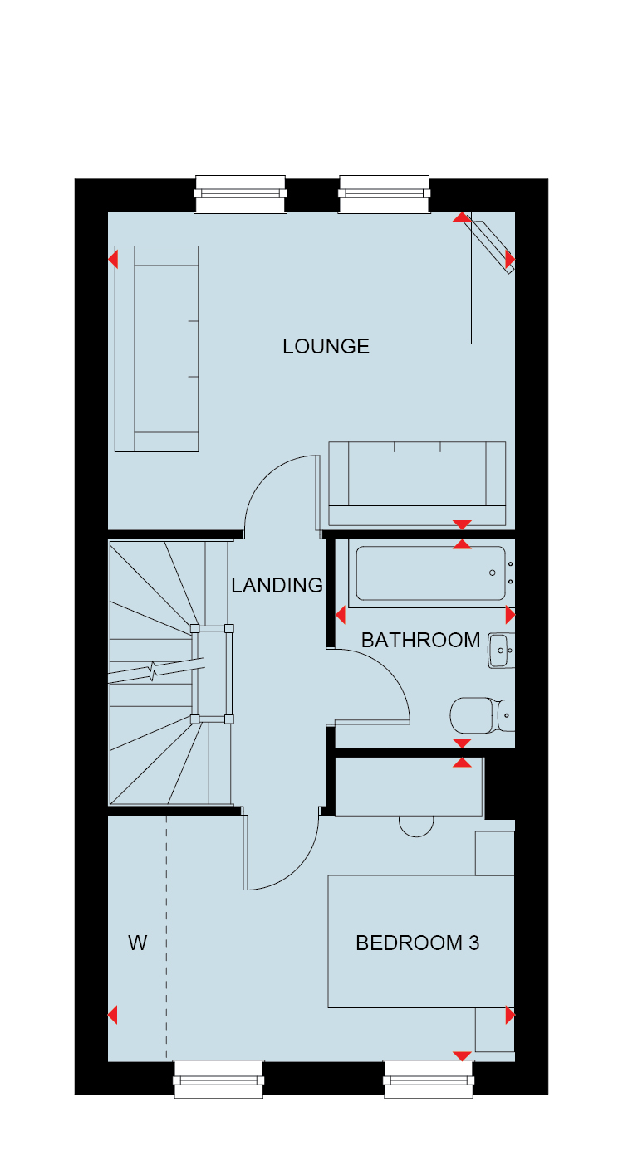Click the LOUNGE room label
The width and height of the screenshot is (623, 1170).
pos(326,346)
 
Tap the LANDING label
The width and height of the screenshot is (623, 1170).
pos(277,585)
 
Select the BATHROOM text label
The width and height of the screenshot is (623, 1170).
pos(420,640)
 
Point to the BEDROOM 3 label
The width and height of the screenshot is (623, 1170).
pos(418,943)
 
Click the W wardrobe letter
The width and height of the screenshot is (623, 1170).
pos(138,943)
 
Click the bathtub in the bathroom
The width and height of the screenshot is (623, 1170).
pos(431,573)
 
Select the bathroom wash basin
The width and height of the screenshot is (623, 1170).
pos(501,651)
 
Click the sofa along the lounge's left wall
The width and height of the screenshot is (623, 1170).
pos(156,349)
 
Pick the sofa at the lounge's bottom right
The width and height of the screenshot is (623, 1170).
pos(417,484)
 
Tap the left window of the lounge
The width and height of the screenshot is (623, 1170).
pos(240,194)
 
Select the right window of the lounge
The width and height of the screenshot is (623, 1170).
pos(385,194)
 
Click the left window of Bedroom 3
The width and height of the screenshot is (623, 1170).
pos(218,1079)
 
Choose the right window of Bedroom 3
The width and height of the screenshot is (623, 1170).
pos(429,1079)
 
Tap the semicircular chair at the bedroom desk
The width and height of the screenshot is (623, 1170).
pos(416,826)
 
